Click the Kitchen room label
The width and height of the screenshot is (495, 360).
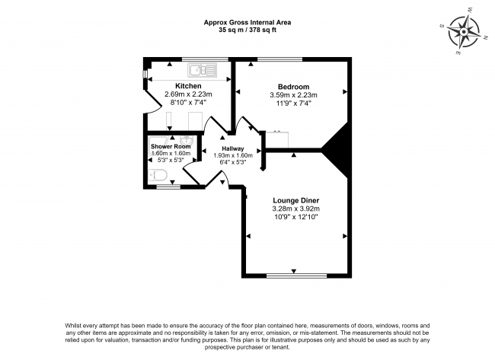[188, 86]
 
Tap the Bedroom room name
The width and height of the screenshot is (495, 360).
[293, 86]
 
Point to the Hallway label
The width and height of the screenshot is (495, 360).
[233, 148]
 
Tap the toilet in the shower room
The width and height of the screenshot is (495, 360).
[158, 176]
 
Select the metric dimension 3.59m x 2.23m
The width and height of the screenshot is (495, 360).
[293, 95]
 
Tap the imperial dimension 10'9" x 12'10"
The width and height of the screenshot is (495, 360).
[295, 218]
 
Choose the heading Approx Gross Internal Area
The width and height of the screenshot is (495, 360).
[247, 21]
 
